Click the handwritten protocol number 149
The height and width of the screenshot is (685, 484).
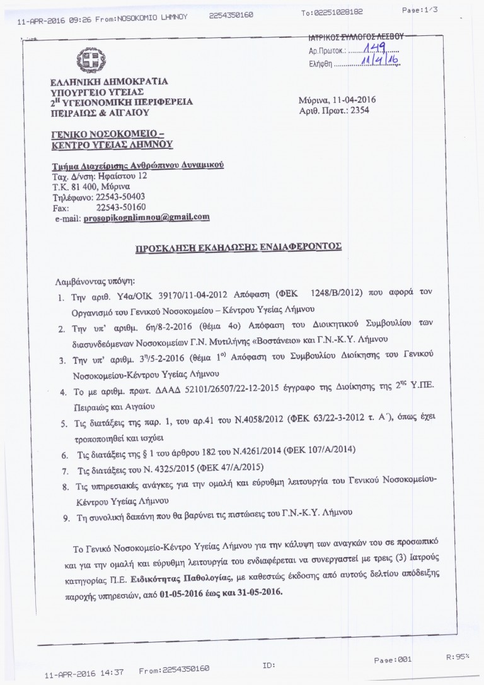pyautogui.click(x=377, y=50)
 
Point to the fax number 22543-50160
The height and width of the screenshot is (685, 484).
pyautogui.click(x=120, y=207)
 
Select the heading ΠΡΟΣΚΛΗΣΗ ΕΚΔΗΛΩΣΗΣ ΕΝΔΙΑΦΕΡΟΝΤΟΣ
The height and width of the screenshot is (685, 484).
pyautogui.click(x=238, y=248)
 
